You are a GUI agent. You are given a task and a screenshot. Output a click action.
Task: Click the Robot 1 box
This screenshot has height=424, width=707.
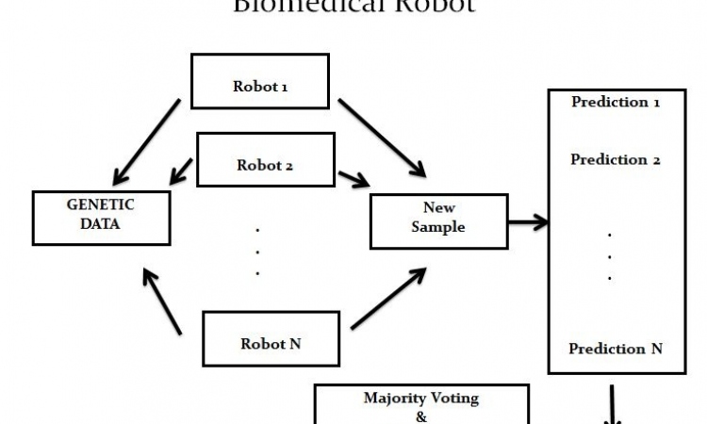[x=260, y=81]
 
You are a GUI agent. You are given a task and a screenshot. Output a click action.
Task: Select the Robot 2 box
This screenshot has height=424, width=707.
[x=265, y=160]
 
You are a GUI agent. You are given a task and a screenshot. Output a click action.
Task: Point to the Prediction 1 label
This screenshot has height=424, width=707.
[x=615, y=102]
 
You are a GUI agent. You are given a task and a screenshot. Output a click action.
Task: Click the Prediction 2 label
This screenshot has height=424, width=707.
[x=615, y=159]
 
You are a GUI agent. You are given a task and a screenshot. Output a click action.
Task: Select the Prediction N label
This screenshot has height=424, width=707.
[x=615, y=349]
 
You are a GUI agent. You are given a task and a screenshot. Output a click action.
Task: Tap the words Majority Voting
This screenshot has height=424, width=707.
[x=420, y=398]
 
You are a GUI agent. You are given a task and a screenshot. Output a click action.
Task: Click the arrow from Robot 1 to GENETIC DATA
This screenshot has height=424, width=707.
[x=145, y=140]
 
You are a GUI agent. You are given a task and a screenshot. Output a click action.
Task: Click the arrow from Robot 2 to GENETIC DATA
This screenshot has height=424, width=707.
[x=181, y=171]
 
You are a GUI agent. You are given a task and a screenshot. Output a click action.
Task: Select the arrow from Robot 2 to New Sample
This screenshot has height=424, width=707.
[x=353, y=178]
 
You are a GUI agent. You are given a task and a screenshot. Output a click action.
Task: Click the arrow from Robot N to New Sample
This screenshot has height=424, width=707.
[x=386, y=299]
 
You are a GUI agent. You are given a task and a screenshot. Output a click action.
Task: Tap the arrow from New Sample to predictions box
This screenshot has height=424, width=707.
[x=528, y=223]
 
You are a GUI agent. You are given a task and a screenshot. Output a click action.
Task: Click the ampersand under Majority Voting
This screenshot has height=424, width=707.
[x=420, y=416]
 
